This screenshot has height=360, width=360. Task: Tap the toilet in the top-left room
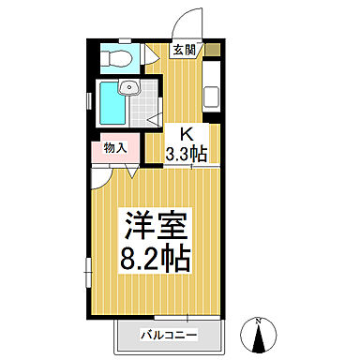pyautogui.click(x=117, y=59)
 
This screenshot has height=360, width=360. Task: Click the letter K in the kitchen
pyautogui.click(x=186, y=133)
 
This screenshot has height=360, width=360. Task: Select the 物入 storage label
pyautogui.click(x=115, y=147)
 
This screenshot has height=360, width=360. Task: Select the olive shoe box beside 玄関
pyautogui.click(x=214, y=49)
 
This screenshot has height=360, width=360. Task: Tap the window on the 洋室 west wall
pyautogui.click(x=88, y=272)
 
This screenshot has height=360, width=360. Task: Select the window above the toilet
pyautogui.click(x=119, y=40)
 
